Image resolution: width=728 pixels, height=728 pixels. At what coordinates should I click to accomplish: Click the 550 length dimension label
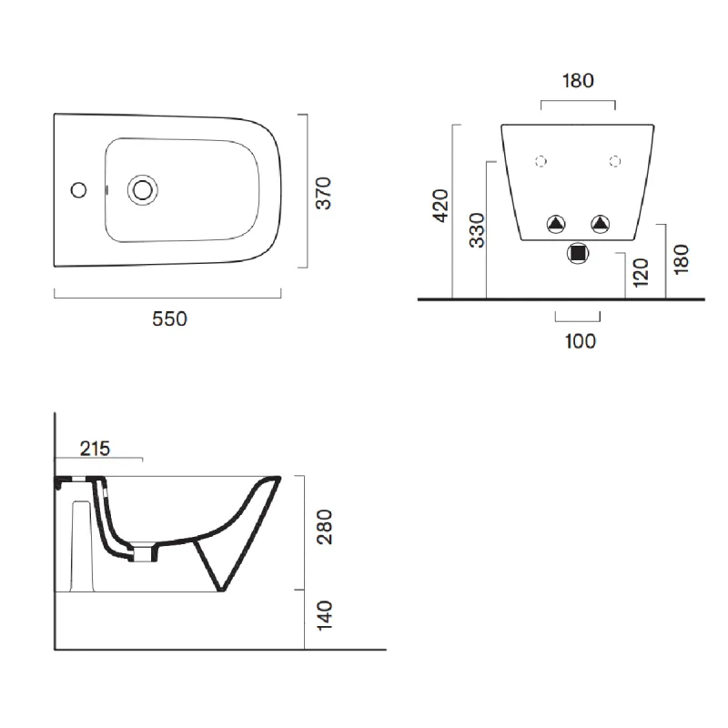[169, 319]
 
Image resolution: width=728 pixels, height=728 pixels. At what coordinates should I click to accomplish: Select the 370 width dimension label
[324, 193]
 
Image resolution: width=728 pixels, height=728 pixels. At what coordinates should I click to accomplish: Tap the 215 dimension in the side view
[95, 449]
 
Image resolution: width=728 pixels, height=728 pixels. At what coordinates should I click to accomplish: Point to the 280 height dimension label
[324, 527]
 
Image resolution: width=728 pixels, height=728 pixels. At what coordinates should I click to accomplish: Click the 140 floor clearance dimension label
[324, 616]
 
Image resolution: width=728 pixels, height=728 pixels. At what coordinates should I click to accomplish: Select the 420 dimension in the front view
[440, 206]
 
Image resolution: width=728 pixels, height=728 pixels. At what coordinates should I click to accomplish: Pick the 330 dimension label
[477, 230]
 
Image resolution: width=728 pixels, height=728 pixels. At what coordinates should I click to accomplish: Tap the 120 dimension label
[641, 272]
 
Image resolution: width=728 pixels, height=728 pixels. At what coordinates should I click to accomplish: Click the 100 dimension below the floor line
[581, 341]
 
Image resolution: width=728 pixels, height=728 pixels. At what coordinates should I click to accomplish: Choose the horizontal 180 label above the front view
[578, 81]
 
